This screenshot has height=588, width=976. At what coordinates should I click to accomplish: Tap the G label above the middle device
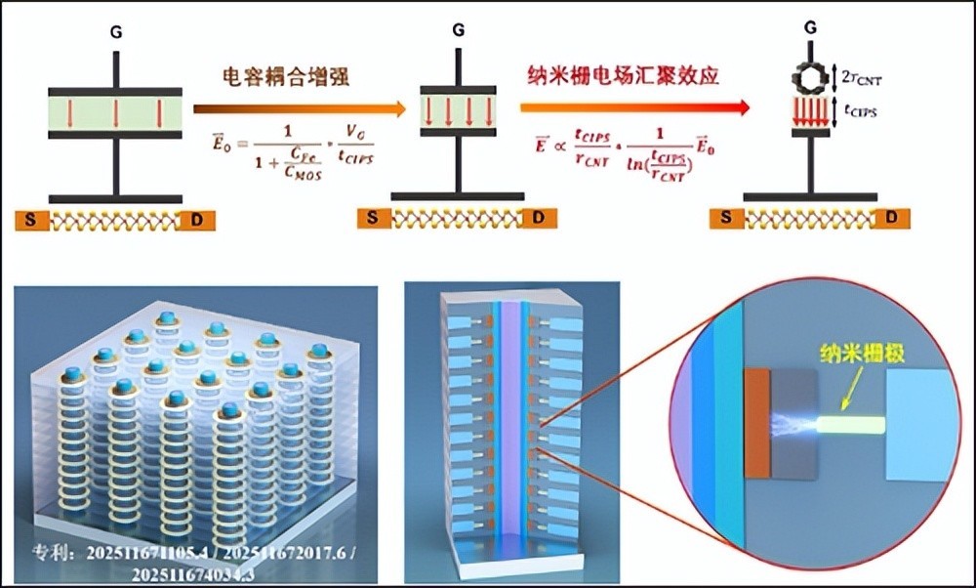[x=458, y=28]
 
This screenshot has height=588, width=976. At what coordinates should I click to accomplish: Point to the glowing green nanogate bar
[x=848, y=425]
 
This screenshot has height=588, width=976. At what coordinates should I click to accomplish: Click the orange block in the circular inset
[x=757, y=423]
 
